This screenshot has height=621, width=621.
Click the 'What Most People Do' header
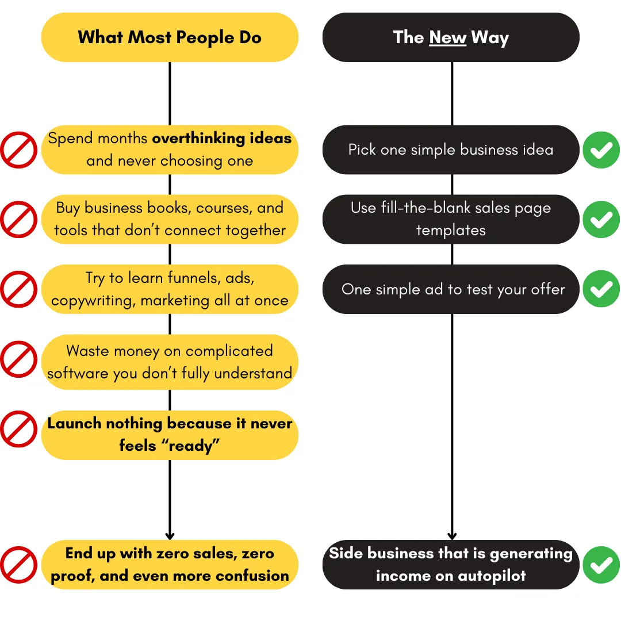170,37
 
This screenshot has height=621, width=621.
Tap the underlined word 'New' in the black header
447,38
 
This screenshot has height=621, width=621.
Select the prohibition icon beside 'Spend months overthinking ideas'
18,149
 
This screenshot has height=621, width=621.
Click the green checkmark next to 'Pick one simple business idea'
601,149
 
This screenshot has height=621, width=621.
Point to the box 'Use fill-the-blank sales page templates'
451,219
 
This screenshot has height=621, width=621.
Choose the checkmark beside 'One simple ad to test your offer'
601,289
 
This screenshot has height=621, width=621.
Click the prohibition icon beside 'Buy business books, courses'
18,219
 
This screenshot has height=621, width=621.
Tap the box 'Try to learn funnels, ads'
170,289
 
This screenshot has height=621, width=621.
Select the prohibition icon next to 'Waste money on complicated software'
18,359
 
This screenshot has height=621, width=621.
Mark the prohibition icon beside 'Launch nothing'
18,429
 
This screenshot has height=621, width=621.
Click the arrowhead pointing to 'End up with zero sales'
170,535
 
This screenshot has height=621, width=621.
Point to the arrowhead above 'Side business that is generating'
452,535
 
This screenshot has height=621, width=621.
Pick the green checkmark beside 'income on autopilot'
601,565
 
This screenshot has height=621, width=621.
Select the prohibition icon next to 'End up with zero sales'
18,565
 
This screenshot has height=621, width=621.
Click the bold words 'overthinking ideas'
222,139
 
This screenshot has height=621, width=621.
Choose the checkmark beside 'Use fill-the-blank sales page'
601,219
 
